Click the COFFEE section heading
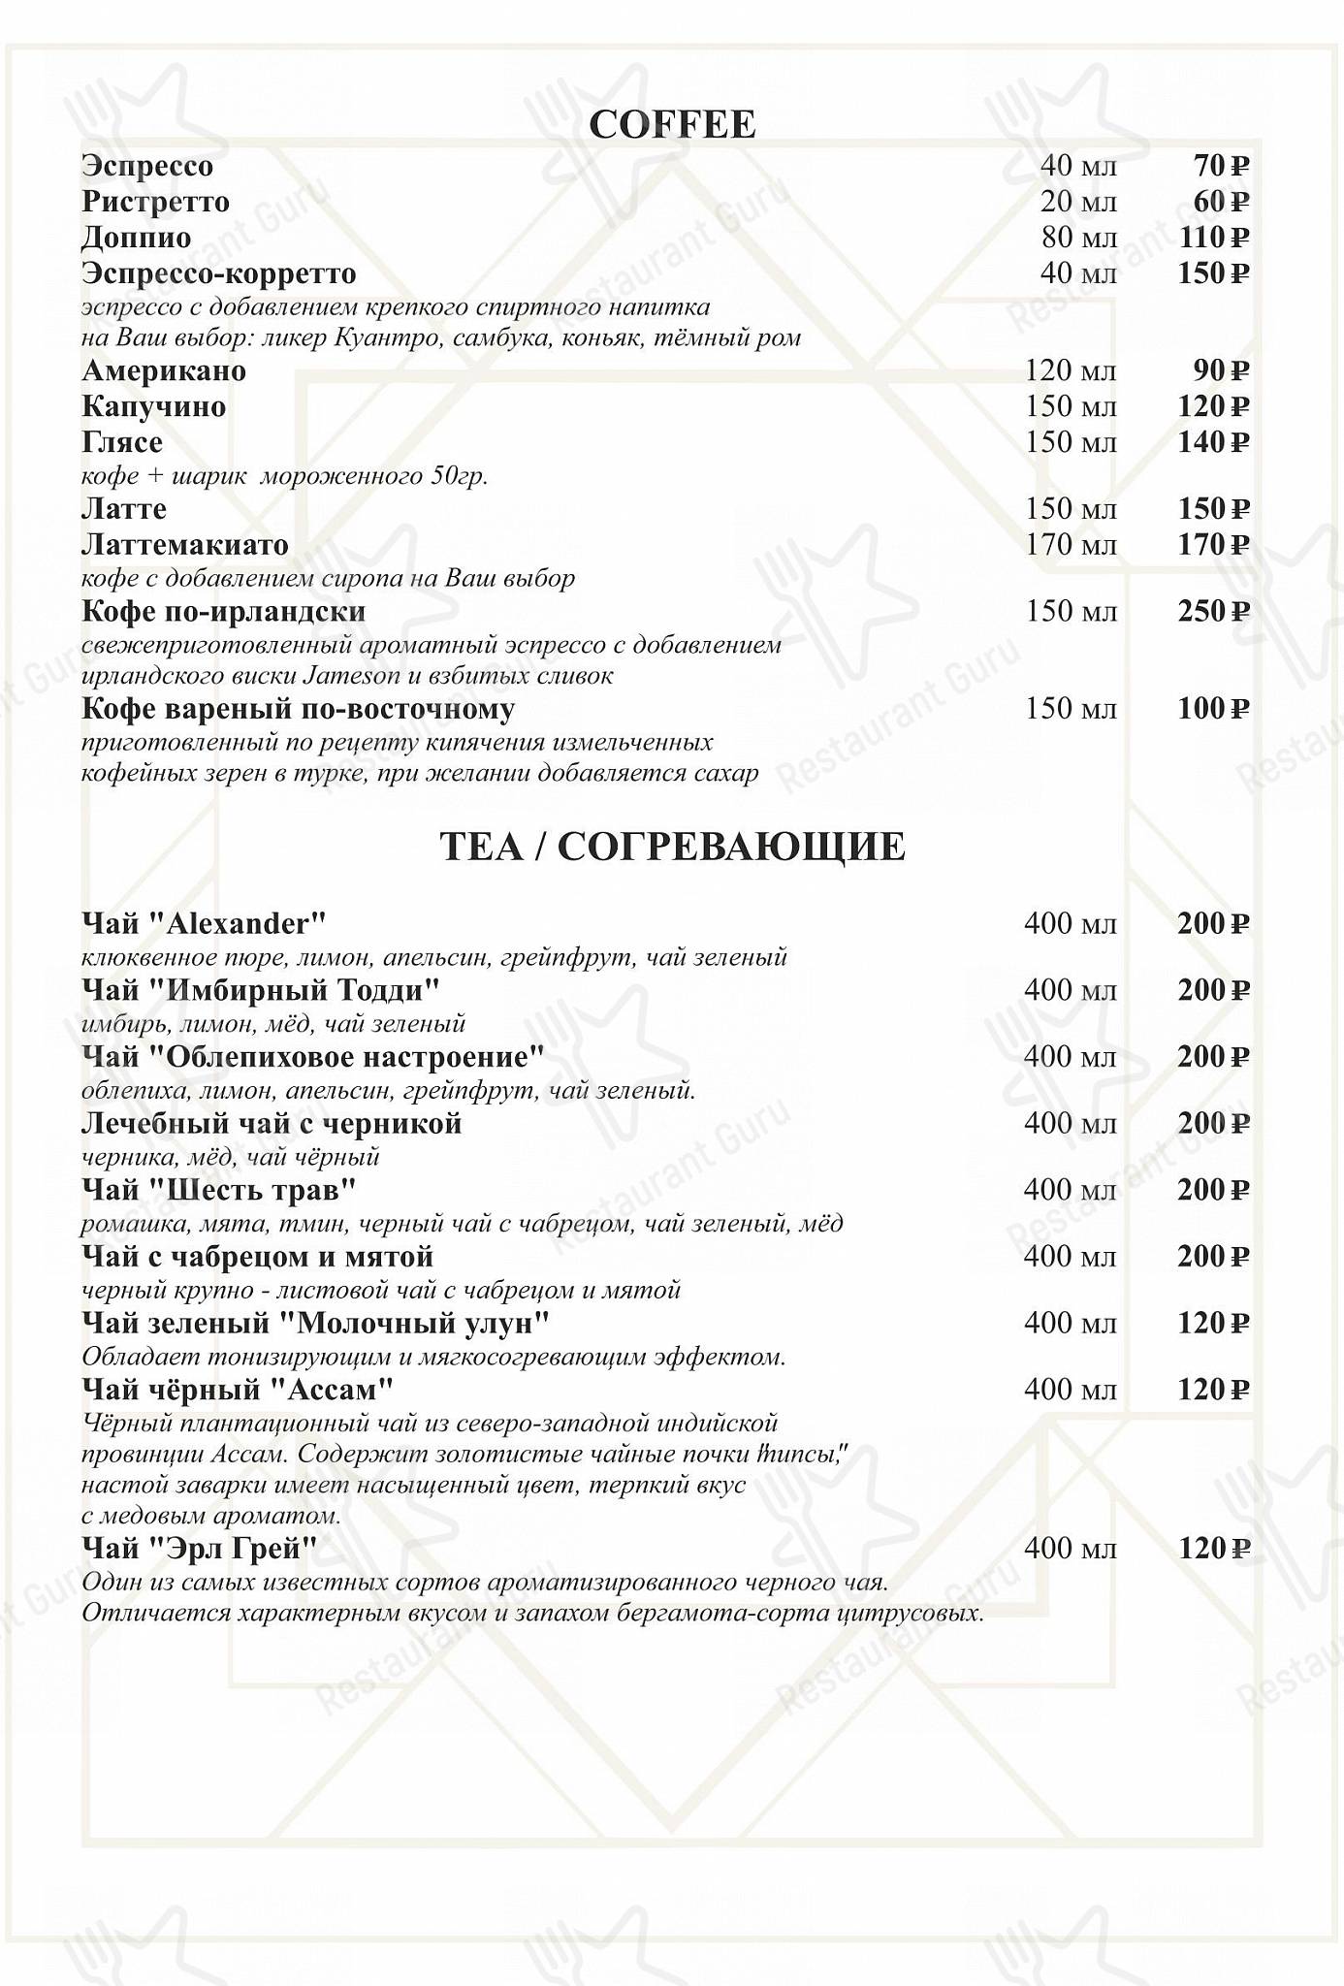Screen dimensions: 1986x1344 tap(672, 125)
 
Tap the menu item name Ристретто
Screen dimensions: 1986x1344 tap(155, 203)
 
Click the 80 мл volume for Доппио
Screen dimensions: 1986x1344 tap(1078, 239)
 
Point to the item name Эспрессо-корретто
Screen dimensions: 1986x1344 tap(219, 273)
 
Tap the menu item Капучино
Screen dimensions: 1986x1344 tap(153, 407)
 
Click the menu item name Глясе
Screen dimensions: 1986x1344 tap(122, 443)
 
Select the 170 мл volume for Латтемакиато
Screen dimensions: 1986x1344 tap(1071, 545)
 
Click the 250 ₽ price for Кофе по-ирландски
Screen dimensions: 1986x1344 tap(1213, 612)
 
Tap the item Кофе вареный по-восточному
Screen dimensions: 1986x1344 tap(298, 710)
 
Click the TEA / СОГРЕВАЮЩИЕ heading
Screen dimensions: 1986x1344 tap(672, 847)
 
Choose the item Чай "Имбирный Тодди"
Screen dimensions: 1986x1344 tap(261, 991)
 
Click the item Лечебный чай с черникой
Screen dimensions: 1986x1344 tap(272, 1125)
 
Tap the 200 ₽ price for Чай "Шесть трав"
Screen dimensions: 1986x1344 tap(1213, 1191)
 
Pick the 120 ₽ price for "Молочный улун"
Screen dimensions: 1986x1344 tap(1213, 1324)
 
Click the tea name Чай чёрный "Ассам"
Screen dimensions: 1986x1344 tap(238, 1391)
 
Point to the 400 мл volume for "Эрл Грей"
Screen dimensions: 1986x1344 tap(1071, 1550)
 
